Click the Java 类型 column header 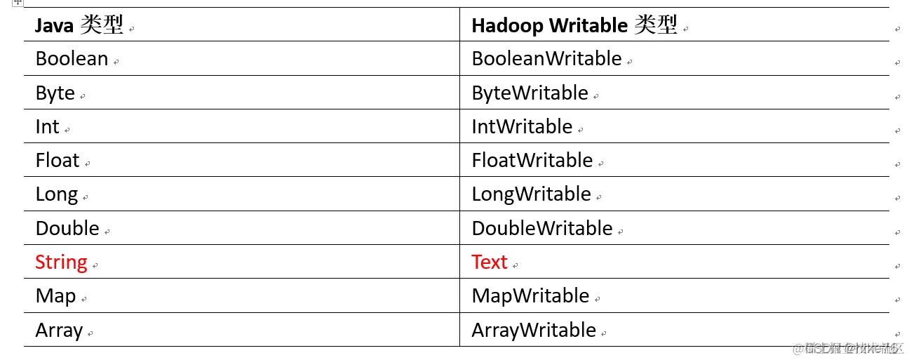coord(79,26)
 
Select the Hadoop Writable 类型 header coord(574,26)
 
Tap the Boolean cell coord(72,59)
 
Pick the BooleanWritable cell coord(546,59)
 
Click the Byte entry coord(55,93)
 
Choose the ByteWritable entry coord(530,93)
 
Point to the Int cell coord(47,127)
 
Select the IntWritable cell coord(522,127)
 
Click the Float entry coord(58,161)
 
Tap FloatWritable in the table coord(532,161)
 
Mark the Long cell coord(56,194)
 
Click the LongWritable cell coord(531,194)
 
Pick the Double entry coord(67,229)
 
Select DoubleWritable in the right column coord(542,229)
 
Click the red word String coord(61,262)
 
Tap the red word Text coord(489,262)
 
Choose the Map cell coord(55,296)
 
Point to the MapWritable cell coord(530,296)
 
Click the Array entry coord(59,331)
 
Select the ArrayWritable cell coord(534,331)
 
